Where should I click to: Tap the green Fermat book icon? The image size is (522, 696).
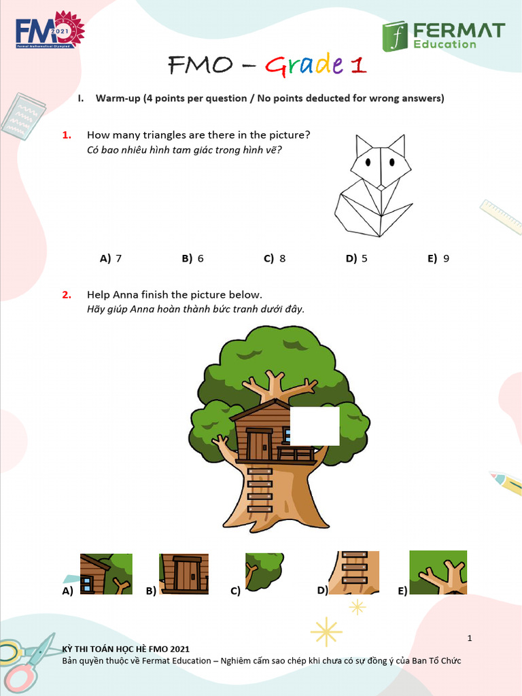point(394,36)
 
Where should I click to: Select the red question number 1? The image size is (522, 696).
point(67,135)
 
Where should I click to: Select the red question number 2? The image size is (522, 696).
point(67,294)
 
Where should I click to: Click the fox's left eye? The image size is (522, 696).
point(368,162)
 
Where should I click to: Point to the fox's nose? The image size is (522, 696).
point(382,186)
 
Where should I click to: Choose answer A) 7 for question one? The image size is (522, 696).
point(111,258)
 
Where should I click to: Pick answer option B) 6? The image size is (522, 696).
point(192,258)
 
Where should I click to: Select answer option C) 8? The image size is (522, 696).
point(275,258)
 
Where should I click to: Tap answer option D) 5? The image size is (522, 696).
point(356,258)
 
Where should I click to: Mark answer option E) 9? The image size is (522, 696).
point(438,258)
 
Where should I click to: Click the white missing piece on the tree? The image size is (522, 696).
point(315,426)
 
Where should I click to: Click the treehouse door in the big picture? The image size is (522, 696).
point(259,445)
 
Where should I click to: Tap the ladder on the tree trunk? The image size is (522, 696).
point(260,489)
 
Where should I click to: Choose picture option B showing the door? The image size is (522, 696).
point(184,574)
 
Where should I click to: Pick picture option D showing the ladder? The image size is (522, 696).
point(354,572)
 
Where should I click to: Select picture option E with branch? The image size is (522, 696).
point(438,572)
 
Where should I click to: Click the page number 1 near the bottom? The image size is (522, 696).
point(470,638)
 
